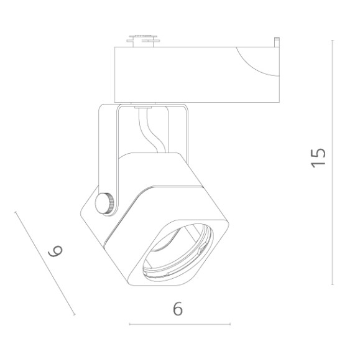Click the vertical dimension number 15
[318, 157]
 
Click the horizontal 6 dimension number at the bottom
[178, 309]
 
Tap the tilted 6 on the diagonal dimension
[55, 252]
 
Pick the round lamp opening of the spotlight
[177, 252]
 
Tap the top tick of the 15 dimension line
[333, 40]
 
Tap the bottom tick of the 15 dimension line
[333, 284]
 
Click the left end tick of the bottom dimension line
[129, 324]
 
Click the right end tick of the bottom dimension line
[230, 324]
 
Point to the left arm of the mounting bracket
[107, 149]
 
